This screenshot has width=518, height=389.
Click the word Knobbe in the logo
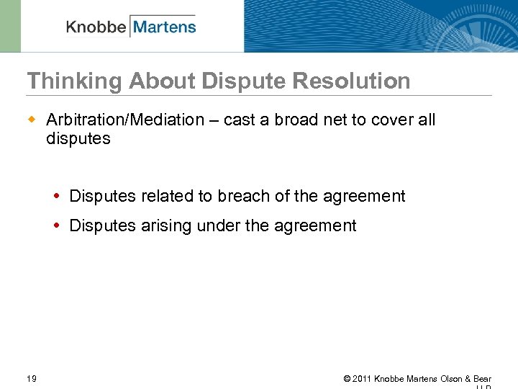click(x=96, y=27)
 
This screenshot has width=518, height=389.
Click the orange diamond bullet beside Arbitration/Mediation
click(x=32, y=120)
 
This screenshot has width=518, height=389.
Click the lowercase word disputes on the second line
click(x=78, y=138)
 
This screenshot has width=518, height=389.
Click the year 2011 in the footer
click(x=362, y=379)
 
